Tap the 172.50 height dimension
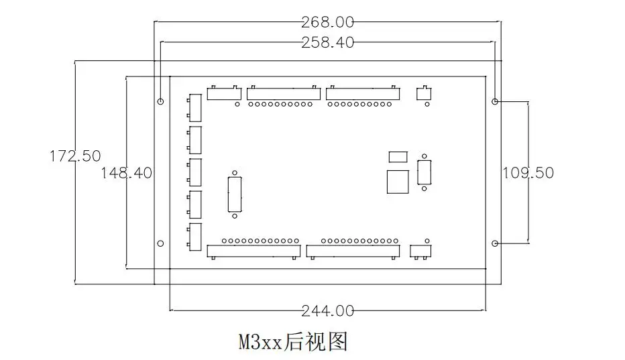point(75,156)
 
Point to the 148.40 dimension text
point(126,172)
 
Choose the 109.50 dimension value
point(528,172)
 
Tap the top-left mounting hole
point(160,102)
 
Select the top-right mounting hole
point(495,102)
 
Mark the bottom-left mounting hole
point(160,243)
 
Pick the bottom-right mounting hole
point(495,243)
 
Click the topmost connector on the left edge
point(195,107)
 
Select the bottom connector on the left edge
point(195,237)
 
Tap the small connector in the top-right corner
point(424,93)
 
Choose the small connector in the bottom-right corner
point(422,251)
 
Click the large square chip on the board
point(398,181)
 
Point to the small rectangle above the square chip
point(398,157)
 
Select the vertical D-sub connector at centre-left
point(234,194)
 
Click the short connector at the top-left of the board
point(223,94)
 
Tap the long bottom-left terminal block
point(253,251)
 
